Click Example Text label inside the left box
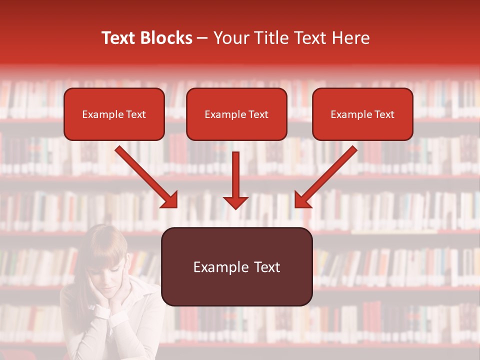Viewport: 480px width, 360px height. [114, 114]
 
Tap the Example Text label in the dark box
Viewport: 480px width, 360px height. [236, 267]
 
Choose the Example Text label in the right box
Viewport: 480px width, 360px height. [362, 114]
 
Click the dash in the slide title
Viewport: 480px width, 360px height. [202, 38]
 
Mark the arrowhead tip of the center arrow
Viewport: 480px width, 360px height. [235, 208]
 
